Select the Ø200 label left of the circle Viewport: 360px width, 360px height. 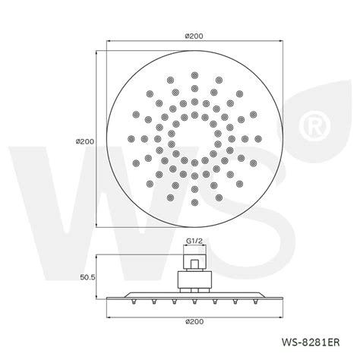(x=86, y=142)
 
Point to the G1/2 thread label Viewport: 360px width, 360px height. (x=196, y=244)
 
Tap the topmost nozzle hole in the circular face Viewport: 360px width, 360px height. (x=195, y=75)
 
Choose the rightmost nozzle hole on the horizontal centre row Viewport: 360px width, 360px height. (x=258, y=138)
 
